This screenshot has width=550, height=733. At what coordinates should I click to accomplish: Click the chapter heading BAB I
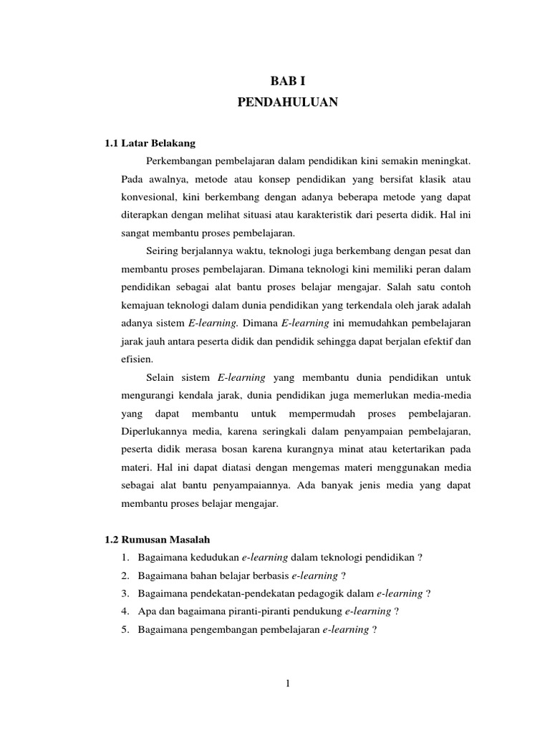(x=287, y=82)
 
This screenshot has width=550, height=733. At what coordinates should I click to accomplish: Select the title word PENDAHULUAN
(x=287, y=103)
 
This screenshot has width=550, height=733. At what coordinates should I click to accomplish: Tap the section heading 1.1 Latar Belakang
(x=150, y=143)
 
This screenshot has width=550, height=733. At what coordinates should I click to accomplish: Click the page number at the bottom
(x=287, y=684)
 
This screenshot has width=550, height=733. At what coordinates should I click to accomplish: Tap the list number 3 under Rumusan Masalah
(x=125, y=593)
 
